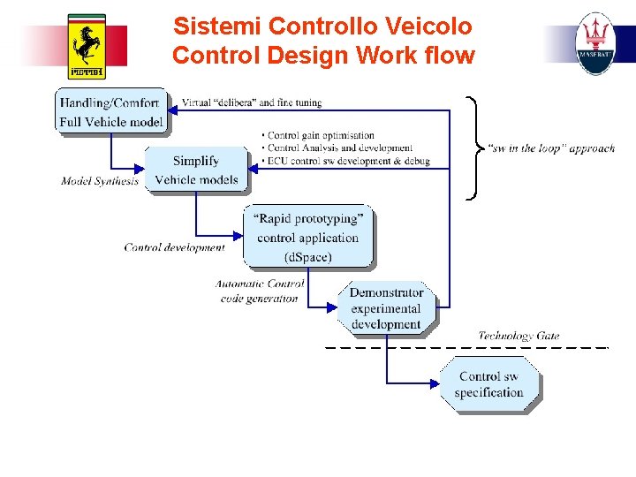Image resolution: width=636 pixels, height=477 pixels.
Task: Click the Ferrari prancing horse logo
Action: [x=87, y=46]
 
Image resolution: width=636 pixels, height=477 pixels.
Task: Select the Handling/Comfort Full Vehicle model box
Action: [x=111, y=112]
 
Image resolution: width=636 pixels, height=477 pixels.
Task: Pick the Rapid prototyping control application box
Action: [x=307, y=237]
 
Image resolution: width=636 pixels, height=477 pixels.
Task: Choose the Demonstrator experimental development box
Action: [x=386, y=308]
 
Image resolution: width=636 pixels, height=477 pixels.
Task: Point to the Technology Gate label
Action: [x=519, y=336]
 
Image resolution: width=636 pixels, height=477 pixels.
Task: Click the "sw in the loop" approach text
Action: [x=551, y=148]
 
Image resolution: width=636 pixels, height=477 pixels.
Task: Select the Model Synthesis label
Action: [x=100, y=181]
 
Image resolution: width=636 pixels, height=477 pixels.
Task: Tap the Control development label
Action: [x=174, y=247]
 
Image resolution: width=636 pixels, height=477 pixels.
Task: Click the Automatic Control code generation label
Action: [x=260, y=291]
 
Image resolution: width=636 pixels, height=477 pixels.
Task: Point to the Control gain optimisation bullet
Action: [x=320, y=135]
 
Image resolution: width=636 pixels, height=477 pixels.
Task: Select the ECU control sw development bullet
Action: [x=347, y=162]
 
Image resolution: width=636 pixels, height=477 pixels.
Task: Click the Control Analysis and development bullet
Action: [x=338, y=148]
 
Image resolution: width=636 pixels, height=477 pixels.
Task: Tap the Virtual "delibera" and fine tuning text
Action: [x=252, y=102]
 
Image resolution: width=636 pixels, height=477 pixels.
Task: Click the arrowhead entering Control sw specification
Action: [x=434, y=383]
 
